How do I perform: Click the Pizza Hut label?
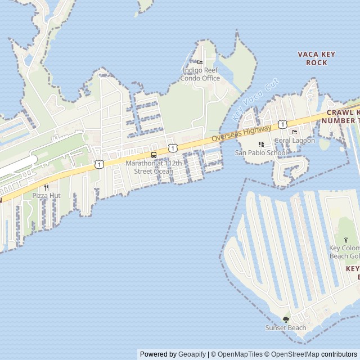[x=46, y=195]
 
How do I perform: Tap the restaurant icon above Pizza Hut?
[x=46, y=187]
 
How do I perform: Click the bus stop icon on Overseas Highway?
[x=154, y=155]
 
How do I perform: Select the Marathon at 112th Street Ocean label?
[x=154, y=167]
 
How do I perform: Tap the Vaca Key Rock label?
[x=316, y=58]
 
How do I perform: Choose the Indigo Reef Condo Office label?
[x=200, y=74]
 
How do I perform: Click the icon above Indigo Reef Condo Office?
[x=200, y=62]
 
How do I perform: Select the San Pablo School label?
[x=261, y=152]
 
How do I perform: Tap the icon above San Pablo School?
[x=260, y=144]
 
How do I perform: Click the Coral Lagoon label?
[x=295, y=141]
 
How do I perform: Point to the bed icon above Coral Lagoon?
[x=294, y=132]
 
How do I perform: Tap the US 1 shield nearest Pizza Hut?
[x=99, y=164]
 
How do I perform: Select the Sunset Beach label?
[x=286, y=328]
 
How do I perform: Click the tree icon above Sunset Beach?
[x=286, y=319]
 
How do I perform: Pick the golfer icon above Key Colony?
[x=345, y=240]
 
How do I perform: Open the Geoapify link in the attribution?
[x=192, y=354]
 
